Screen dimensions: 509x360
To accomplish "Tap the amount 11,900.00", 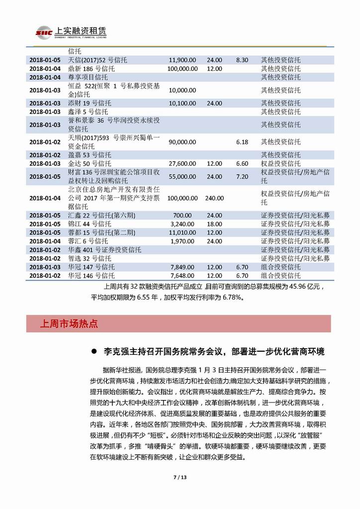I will coord(183,60).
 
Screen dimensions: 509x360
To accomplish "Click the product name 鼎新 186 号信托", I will coord(90,68).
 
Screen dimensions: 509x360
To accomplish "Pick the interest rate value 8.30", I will coord(242,60).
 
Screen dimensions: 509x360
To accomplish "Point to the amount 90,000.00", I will coord(183,142).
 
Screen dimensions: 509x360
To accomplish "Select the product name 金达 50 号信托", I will coord(90,163).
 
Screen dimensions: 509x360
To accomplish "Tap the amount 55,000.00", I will coord(183,176).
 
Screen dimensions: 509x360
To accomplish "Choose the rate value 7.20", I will coord(242,176).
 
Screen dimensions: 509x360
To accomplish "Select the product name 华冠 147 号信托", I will coord(91,267).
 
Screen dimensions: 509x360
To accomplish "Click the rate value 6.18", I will coord(242,142).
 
